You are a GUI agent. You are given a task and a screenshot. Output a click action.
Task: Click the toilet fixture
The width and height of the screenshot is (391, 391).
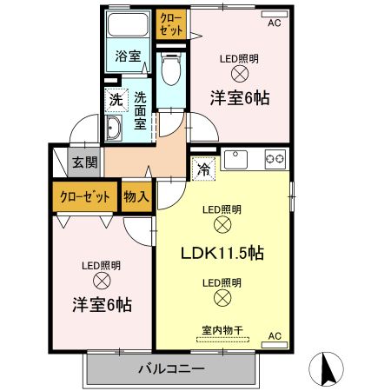click(x=171, y=69)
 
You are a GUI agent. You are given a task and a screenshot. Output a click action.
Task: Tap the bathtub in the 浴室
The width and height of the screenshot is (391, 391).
click(x=128, y=24)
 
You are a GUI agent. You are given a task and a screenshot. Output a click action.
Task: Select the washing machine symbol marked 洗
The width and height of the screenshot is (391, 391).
click(x=116, y=100)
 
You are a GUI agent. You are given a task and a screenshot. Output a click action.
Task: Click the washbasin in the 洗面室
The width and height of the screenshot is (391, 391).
click(x=113, y=128)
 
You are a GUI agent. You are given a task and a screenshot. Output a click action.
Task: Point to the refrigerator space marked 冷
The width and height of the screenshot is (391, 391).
click(x=203, y=169)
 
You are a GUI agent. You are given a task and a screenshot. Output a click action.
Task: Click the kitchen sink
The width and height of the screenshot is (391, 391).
click(x=235, y=159)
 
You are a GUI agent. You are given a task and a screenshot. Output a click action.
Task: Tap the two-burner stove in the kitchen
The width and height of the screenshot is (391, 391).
click(x=275, y=159)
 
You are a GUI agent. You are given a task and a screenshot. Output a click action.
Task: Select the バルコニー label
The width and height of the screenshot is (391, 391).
click(x=171, y=369)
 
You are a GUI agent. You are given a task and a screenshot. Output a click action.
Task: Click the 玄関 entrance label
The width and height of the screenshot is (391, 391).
click(x=84, y=162)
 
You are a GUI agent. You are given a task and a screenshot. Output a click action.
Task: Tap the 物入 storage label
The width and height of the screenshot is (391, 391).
click(x=136, y=197)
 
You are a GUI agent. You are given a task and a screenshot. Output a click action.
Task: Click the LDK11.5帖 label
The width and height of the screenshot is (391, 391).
click(x=222, y=253)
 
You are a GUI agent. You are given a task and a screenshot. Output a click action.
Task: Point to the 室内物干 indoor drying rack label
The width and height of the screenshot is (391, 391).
click(x=222, y=330)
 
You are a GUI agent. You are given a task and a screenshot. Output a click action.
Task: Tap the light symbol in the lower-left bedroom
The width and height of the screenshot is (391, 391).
click(x=102, y=281)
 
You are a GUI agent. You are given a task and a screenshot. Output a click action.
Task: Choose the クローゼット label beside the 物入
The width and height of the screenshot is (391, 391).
click(x=85, y=197)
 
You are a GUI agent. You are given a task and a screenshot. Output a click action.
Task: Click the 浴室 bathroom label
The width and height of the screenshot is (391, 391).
click(x=128, y=56)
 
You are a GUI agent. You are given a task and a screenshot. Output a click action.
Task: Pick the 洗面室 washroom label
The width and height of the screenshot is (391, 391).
click(x=140, y=111)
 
